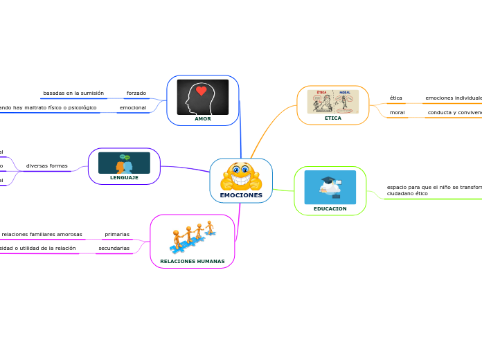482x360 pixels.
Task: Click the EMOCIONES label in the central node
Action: (x=241, y=195)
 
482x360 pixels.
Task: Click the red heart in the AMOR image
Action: (x=202, y=91)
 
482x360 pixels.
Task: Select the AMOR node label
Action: (x=202, y=118)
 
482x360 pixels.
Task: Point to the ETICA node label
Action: (x=333, y=118)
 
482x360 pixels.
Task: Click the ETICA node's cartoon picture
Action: (x=333, y=101)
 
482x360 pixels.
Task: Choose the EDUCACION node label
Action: (x=330, y=208)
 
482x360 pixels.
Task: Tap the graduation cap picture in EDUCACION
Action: (x=330, y=186)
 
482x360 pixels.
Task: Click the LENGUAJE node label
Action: (x=124, y=177)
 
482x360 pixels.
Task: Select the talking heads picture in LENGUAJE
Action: (x=124, y=163)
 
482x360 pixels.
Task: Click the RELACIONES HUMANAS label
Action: (x=193, y=261)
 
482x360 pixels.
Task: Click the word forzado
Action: (x=136, y=93)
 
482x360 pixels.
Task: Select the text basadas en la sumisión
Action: (x=73, y=93)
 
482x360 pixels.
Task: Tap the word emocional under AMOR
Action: (x=133, y=107)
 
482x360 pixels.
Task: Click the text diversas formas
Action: (x=47, y=165)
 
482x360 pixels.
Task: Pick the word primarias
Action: (x=117, y=234)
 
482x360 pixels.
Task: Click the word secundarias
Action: (x=114, y=248)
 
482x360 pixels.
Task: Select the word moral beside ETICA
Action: (x=398, y=112)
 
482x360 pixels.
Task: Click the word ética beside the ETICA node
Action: (x=396, y=98)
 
